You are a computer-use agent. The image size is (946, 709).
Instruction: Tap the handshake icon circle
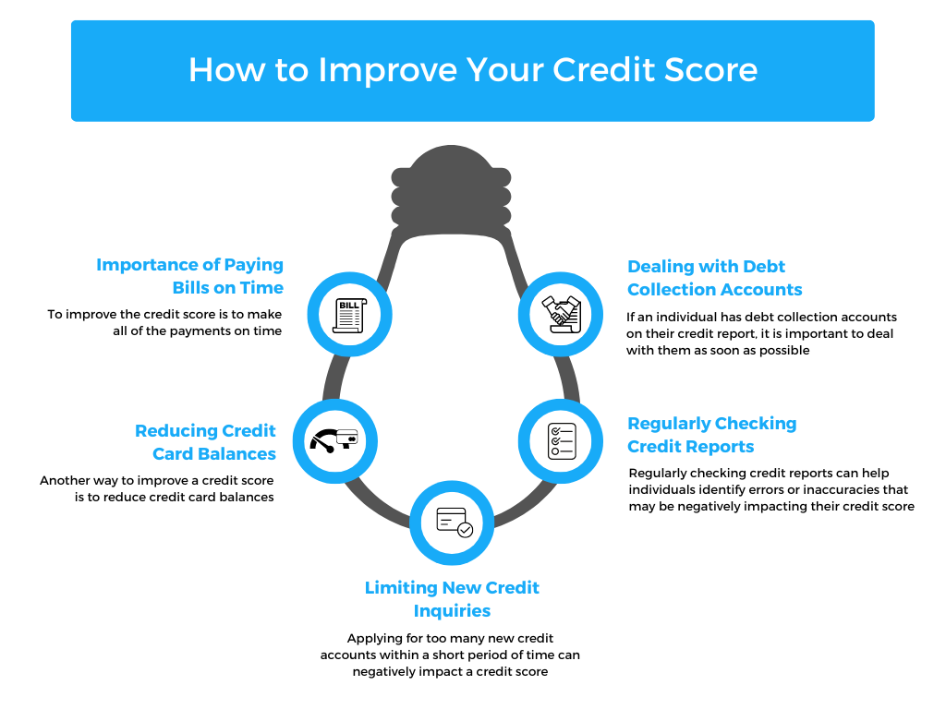pyautogui.click(x=560, y=315)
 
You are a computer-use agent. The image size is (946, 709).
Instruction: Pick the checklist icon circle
pyautogui.click(x=562, y=440)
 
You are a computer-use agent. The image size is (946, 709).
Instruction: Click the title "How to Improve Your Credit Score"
pyautogui.click(x=472, y=70)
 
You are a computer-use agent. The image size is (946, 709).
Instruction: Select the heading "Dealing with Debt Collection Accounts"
pyautogui.click(x=714, y=278)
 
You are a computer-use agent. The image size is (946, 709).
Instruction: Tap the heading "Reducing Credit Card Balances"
pyautogui.click(x=205, y=442)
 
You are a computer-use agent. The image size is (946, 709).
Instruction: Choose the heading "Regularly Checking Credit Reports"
pyautogui.click(x=711, y=435)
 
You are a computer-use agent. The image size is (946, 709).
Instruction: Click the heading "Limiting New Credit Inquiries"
pyautogui.click(x=452, y=599)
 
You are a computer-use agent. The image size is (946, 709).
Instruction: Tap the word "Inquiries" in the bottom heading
pyautogui.click(x=452, y=611)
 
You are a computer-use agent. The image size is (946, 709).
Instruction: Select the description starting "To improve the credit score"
pyautogui.click(x=164, y=323)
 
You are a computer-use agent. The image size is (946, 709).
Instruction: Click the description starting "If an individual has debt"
pyautogui.click(x=761, y=333)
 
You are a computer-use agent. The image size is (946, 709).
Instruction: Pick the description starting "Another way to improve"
pyautogui.click(x=157, y=488)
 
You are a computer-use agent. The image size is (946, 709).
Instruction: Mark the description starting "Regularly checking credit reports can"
pyautogui.click(x=770, y=490)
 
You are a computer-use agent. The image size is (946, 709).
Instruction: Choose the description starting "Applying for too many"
pyautogui.click(x=450, y=655)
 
